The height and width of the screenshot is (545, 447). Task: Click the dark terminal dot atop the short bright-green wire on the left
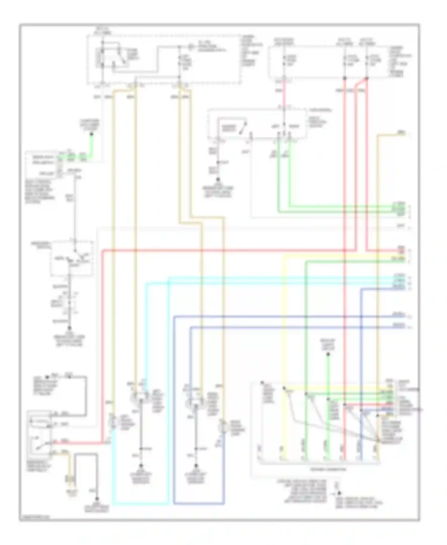click(x=91, y=134)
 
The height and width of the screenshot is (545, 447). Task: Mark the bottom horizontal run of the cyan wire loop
click(x=140, y=504)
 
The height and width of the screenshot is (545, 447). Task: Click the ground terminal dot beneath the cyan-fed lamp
click(x=141, y=466)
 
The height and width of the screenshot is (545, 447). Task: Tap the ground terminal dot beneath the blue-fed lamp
click(x=196, y=466)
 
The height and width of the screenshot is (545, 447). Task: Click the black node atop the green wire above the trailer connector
click(x=328, y=354)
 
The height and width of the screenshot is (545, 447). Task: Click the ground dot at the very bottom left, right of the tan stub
click(x=97, y=498)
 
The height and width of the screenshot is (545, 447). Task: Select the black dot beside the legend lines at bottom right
click(x=339, y=493)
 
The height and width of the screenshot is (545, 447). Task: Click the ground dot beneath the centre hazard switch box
click(x=218, y=179)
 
